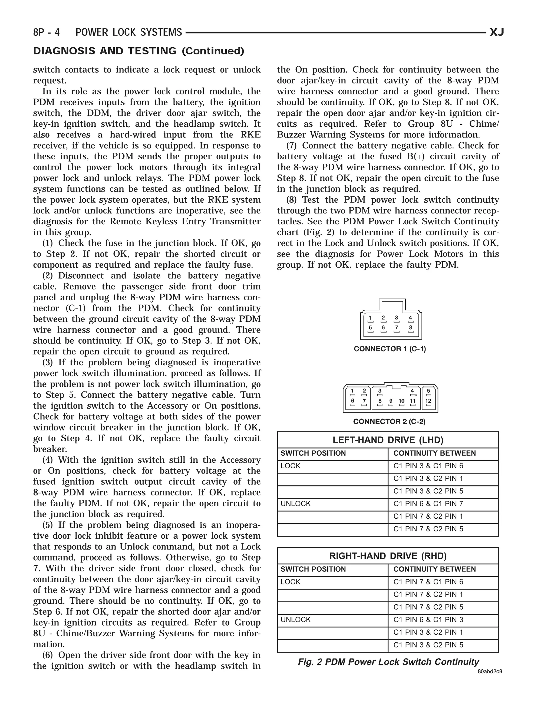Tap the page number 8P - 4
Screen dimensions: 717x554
click(47, 32)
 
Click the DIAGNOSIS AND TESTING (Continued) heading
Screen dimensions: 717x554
click(138, 51)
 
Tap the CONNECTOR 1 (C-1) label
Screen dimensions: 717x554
click(390, 349)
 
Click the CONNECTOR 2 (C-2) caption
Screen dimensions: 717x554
click(389, 422)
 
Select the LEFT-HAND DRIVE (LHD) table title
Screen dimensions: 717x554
click(388, 440)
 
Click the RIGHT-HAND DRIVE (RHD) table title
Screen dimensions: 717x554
click(388, 556)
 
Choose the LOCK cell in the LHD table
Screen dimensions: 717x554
click(291, 466)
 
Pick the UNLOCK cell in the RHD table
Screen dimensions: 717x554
click(296, 620)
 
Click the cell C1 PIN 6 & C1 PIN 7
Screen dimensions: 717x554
click(428, 504)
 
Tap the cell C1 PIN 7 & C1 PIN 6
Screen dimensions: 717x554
click(428, 582)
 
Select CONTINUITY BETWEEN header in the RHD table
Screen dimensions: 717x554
click(434, 569)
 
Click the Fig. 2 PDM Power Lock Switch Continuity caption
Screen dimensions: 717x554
click(388, 662)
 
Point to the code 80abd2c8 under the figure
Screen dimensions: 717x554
click(490, 671)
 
